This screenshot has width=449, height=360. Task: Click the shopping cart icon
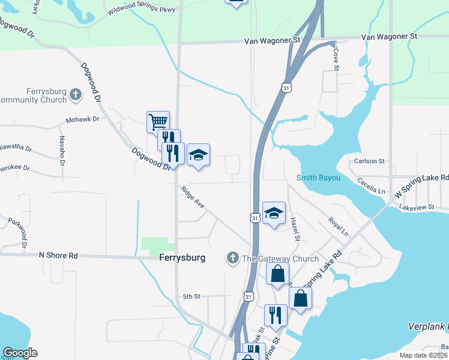[158, 122]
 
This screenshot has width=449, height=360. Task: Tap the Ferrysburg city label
[182, 257]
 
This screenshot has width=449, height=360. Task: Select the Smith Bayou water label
[318, 178]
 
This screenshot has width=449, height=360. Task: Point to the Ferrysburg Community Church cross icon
[76, 94]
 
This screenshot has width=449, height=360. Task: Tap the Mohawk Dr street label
[82, 119]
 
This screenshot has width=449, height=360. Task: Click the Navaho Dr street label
[62, 150]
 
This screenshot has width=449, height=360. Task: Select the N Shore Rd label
[58, 256]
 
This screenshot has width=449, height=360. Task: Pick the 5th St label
[191, 296]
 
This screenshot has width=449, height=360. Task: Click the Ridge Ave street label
[193, 199]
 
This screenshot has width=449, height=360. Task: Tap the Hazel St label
[295, 229]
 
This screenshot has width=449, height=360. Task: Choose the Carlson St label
[369, 161]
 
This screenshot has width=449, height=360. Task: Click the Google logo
[20, 353]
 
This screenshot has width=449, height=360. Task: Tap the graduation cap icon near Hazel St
[274, 214]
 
